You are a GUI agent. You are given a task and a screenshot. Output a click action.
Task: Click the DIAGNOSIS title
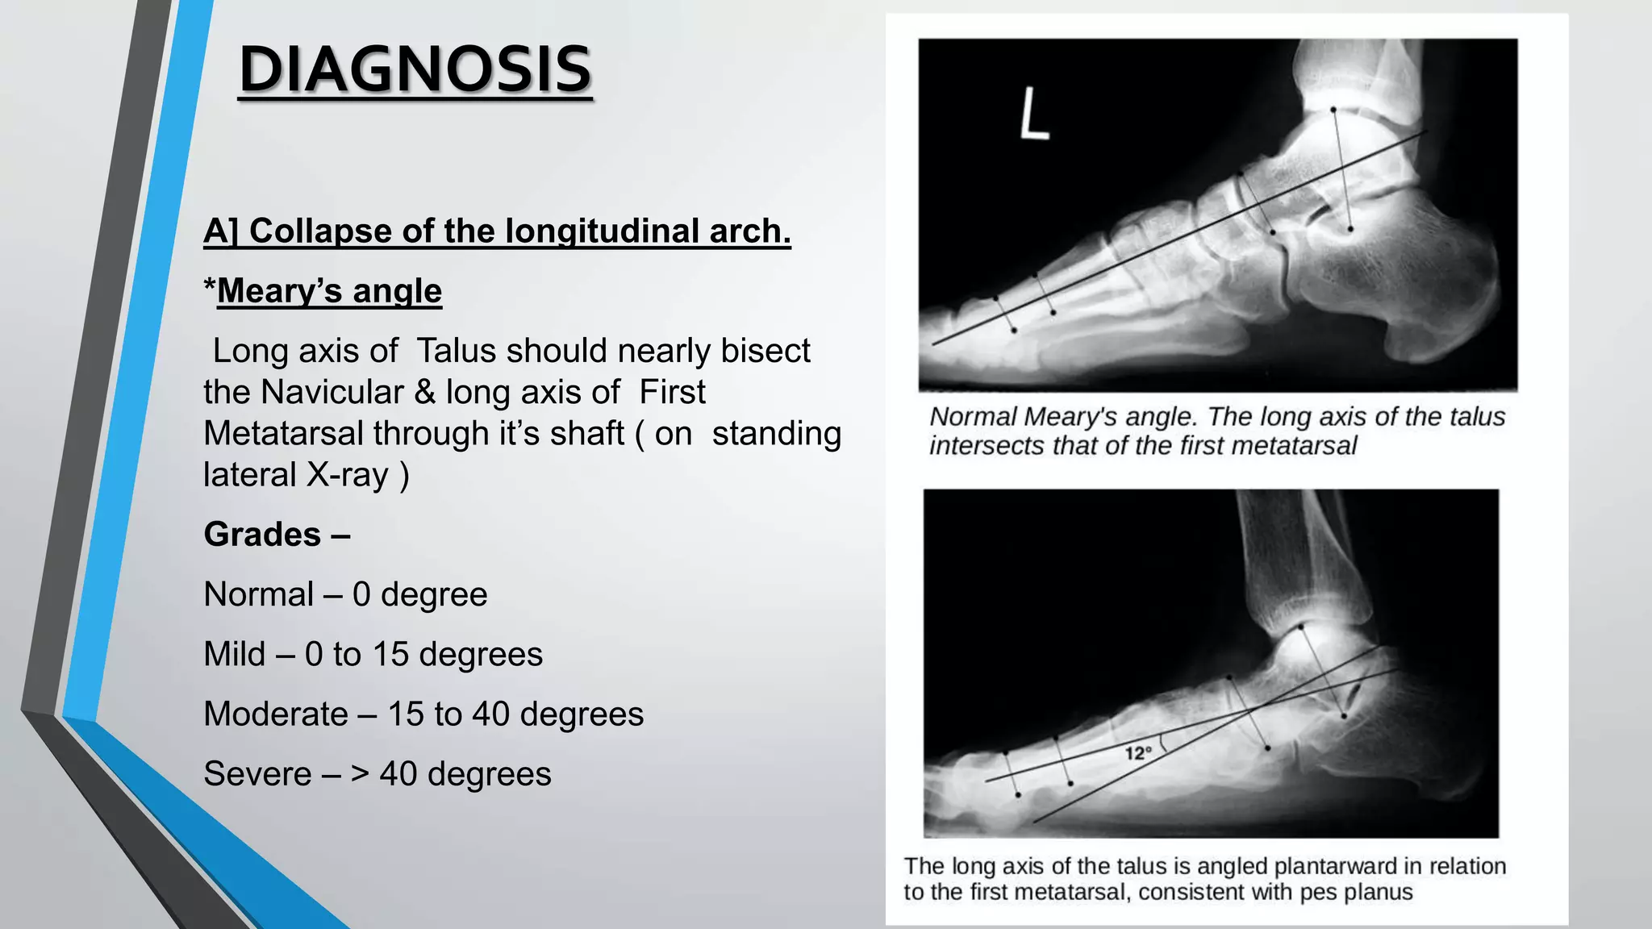[415, 70]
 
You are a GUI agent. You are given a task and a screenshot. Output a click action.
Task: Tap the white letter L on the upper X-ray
[1033, 115]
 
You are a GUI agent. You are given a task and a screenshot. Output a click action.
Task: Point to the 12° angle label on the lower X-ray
[1137, 753]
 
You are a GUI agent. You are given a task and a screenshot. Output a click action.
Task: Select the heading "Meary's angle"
[329, 290]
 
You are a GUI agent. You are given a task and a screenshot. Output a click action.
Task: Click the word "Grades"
[262, 535]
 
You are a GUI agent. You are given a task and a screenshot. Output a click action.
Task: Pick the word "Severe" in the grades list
[257, 774]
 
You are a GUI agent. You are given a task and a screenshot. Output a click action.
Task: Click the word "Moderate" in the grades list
[275, 714]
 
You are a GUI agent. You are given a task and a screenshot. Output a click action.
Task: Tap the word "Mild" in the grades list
[234, 654]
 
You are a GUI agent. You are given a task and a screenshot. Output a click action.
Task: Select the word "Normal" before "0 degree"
[258, 595]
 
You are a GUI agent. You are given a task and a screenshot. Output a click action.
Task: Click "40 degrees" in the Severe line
[465, 774]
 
